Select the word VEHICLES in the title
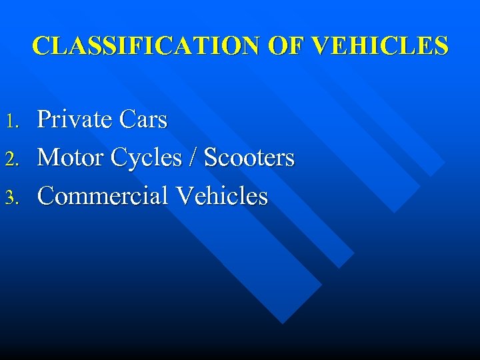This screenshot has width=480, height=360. [380, 45]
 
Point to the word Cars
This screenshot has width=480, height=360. [143, 120]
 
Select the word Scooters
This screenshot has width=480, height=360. [249, 158]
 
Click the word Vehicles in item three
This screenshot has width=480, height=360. [221, 196]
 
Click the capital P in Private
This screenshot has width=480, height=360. [45, 120]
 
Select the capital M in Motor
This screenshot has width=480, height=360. [49, 158]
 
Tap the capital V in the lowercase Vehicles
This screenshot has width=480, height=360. [183, 196]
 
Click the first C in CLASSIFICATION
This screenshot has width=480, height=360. [41, 45]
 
